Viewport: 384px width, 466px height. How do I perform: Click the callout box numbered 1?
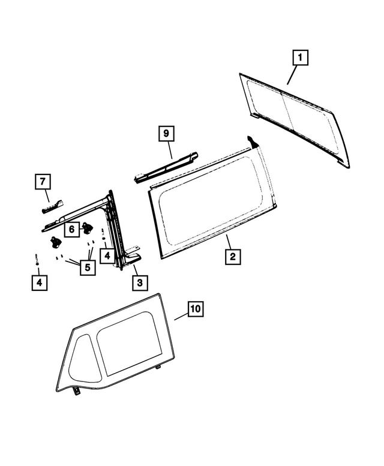pos(300,58)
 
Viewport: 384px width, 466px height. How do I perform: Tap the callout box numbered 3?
pos(139,282)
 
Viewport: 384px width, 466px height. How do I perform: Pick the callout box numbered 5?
pos(88,267)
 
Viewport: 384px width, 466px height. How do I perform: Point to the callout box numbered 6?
pos(71,229)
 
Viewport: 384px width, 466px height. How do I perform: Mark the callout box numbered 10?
pos(196,309)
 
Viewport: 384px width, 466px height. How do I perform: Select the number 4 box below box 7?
pos(38,282)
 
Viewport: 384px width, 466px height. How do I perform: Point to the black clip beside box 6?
pos(88,228)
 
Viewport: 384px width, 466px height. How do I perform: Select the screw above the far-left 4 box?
pos(37,259)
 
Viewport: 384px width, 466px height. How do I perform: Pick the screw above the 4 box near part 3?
pos(104,234)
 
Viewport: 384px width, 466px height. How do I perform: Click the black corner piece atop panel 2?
pos(253,142)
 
